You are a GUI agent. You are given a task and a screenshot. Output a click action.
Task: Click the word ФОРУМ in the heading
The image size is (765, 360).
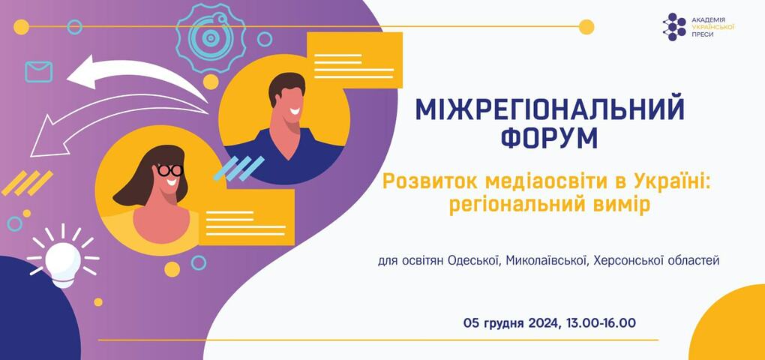549,138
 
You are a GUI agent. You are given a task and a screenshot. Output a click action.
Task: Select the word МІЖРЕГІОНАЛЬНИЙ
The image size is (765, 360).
550,109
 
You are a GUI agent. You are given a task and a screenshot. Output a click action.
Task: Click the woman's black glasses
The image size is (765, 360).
169,169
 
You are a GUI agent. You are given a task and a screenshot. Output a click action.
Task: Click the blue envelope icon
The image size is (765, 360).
38,72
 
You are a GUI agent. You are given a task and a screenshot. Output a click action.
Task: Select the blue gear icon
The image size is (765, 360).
210,37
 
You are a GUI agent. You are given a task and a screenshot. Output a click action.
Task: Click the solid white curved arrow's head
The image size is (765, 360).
81,73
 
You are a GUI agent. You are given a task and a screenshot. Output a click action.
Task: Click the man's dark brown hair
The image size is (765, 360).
286,86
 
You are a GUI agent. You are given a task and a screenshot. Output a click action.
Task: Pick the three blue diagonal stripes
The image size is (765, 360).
238,168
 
